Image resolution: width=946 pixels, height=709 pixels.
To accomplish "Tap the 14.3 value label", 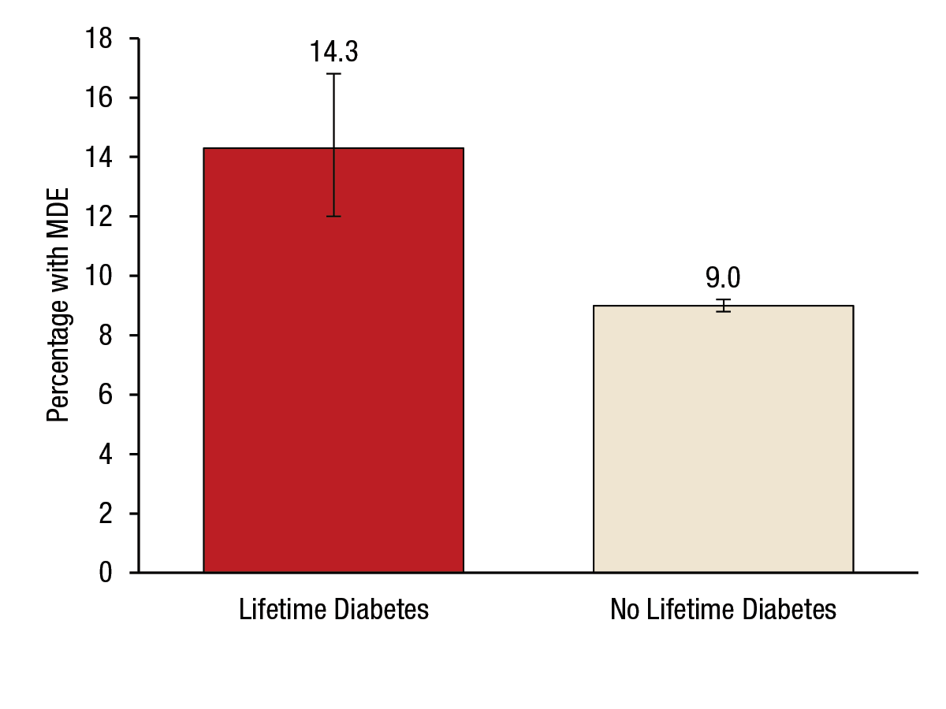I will point(333,52).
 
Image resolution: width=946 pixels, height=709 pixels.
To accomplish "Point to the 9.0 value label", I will point(723,278).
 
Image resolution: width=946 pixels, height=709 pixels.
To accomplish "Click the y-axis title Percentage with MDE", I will point(58,306).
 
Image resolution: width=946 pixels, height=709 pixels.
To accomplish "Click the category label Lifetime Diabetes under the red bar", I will point(333,610).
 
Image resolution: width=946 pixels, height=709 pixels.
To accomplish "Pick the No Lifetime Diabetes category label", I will point(723,610).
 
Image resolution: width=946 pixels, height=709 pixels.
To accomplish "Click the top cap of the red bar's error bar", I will point(333,74).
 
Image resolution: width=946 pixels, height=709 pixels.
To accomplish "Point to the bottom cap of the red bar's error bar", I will point(333,216).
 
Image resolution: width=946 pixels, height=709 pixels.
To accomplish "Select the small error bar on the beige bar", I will point(723,306).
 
